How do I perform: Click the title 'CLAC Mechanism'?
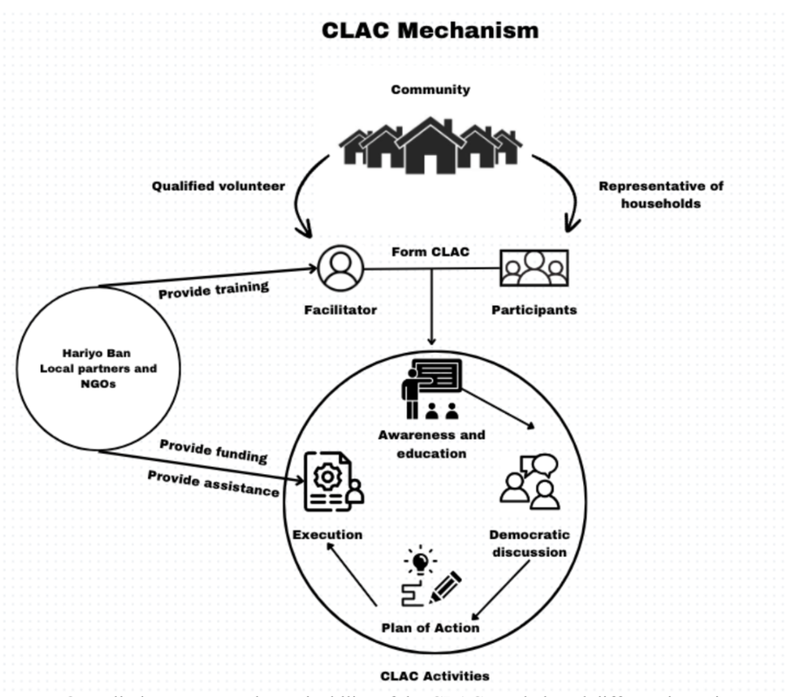(x=430, y=30)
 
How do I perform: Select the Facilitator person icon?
(x=340, y=268)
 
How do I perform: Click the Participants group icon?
(x=533, y=268)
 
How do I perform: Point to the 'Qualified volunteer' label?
(x=218, y=186)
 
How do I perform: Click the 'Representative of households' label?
(x=661, y=194)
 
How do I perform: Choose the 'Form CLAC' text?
(x=430, y=252)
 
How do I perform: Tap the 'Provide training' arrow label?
(x=214, y=289)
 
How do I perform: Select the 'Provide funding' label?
(x=213, y=450)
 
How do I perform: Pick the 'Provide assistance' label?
(x=213, y=483)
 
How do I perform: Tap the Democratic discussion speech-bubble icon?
(x=530, y=482)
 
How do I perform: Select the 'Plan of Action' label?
(x=430, y=627)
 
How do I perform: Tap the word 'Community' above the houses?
(x=430, y=90)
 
